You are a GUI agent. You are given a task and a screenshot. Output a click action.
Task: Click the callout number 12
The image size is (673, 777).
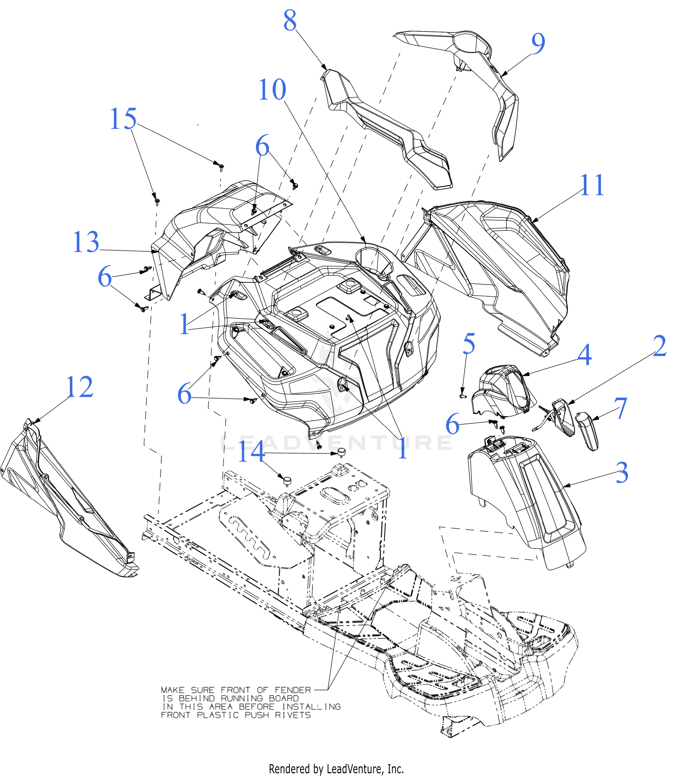[79, 387]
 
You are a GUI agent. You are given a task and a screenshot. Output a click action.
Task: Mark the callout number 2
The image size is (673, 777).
[659, 346]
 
